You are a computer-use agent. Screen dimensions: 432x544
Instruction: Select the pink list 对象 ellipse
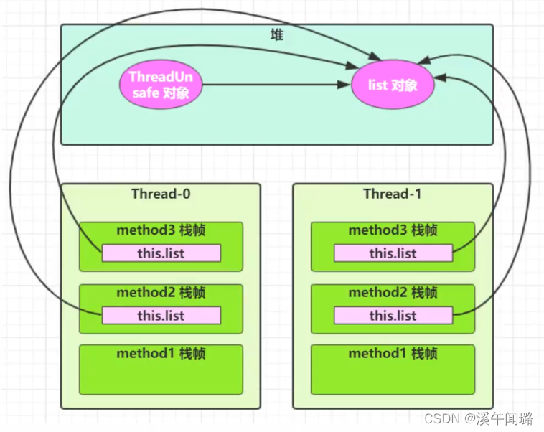coord(393,85)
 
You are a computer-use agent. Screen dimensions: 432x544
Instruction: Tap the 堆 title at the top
coord(276,34)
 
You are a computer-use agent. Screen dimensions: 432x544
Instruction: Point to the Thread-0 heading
coord(161,194)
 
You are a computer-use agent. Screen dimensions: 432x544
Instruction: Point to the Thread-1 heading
coord(393,194)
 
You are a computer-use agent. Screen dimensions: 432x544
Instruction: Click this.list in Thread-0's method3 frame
coord(161,253)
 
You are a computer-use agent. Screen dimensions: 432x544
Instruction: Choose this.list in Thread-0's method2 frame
coord(161,316)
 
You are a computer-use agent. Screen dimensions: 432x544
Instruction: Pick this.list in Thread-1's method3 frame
coord(393,253)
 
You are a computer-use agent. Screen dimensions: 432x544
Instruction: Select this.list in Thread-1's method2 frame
coord(393,316)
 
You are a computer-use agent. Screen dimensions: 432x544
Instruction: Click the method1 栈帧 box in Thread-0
coord(161,370)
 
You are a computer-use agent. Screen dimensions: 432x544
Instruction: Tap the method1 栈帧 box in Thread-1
coord(393,370)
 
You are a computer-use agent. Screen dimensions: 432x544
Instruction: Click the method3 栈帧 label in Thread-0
coord(161,230)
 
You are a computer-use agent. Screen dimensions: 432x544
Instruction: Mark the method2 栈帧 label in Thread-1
coord(393,293)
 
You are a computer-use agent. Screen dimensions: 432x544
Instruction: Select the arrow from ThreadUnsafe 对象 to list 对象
coord(273,85)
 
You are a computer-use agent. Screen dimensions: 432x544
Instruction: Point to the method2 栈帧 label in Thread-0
coord(161,293)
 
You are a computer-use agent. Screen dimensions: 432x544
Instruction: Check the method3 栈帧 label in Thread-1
coord(393,230)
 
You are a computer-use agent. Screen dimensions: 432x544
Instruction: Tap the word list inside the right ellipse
coord(377,85)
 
